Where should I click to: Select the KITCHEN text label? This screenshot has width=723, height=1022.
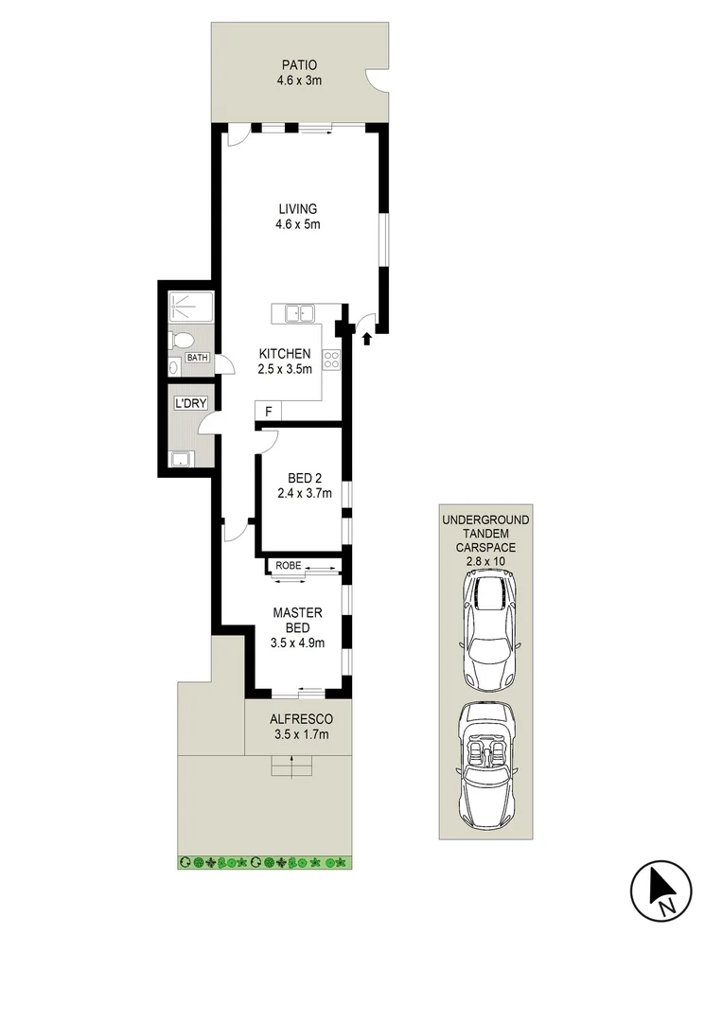[285, 354]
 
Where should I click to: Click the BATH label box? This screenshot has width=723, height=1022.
[197, 358]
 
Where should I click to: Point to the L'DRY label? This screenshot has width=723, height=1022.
[189, 404]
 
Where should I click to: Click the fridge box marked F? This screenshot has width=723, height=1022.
[268, 412]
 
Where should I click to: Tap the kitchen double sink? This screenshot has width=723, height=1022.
[301, 312]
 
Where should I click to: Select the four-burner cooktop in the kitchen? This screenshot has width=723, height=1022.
[332, 359]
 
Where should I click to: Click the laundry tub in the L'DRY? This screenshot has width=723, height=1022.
[180, 460]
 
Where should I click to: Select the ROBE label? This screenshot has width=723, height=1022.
[289, 566]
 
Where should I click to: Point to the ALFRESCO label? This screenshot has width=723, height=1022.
[298, 718]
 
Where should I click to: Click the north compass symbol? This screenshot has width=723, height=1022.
[661, 890]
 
